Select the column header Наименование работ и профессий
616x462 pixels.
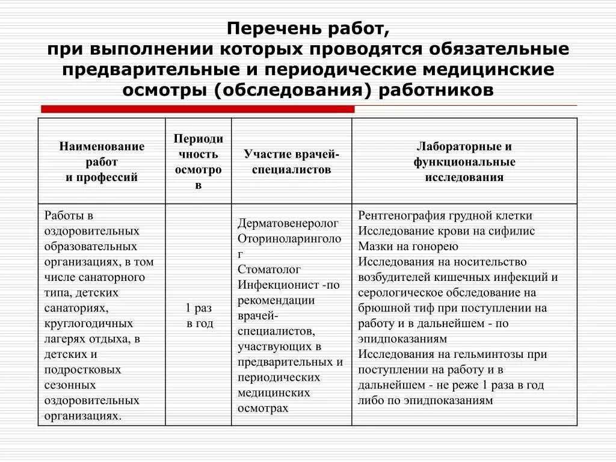point(102,162)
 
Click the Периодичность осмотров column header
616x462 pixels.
point(199,162)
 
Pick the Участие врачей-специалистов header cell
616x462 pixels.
point(292,162)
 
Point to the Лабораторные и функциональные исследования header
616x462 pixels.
point(464,162)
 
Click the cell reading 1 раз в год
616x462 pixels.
point(199,315)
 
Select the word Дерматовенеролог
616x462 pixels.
point(288,223)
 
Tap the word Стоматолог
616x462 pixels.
point(269,269)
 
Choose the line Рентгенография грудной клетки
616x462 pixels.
point(445,215)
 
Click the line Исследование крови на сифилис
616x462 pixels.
point(446,231)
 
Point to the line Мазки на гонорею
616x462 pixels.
point(408,246)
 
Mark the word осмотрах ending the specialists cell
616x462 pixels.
point(263,408)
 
